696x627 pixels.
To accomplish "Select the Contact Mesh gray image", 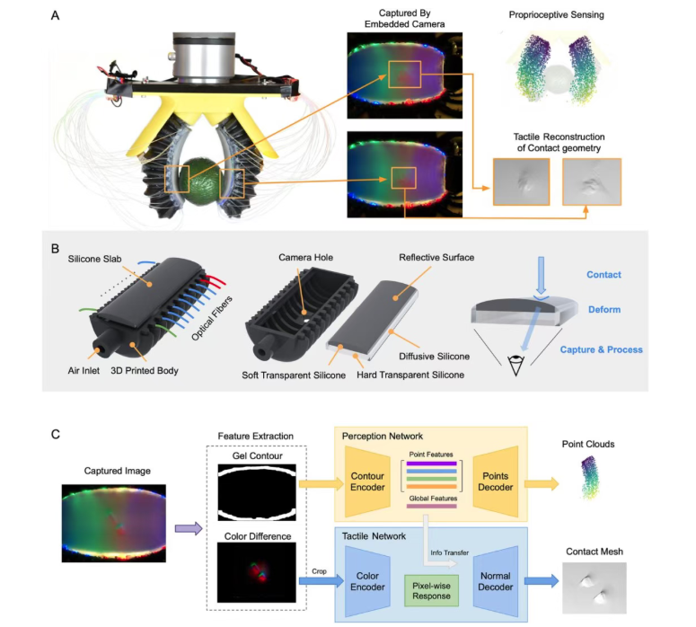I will click(x=594, y=587).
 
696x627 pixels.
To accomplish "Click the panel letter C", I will click(x=56, y=435).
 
